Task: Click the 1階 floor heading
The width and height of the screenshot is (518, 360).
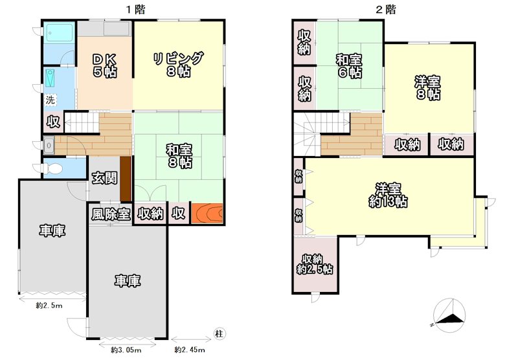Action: click(135, 9)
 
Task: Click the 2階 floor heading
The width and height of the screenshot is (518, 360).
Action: click(385, 9)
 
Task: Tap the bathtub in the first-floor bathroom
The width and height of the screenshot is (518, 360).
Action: click(59, 32)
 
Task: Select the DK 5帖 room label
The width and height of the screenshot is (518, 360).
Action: click(105, 65)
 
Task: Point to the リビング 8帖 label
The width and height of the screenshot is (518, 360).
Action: click(178, 64)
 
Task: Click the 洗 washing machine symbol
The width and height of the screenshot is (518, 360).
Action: click(51, 100)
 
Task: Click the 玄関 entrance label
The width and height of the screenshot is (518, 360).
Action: click(104, 178)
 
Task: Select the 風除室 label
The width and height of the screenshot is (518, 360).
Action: click(111, 214)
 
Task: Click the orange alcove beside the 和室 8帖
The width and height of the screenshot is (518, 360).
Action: click(207, 213)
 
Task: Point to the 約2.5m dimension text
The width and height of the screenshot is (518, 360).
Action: click(49, 306)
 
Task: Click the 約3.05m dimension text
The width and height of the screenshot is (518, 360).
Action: click(126, 350)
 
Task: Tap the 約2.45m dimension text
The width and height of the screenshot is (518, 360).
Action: click(190, 350)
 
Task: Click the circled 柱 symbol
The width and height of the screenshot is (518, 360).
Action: click(219, 333)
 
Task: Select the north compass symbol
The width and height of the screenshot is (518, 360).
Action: click(449, 315)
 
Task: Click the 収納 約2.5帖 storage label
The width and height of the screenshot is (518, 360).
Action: click(314, 264)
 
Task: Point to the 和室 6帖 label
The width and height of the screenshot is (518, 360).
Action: click(349, 66)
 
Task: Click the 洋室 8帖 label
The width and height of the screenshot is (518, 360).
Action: click(427, 88)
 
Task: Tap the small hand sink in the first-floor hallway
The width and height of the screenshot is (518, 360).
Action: click(49, 145)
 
